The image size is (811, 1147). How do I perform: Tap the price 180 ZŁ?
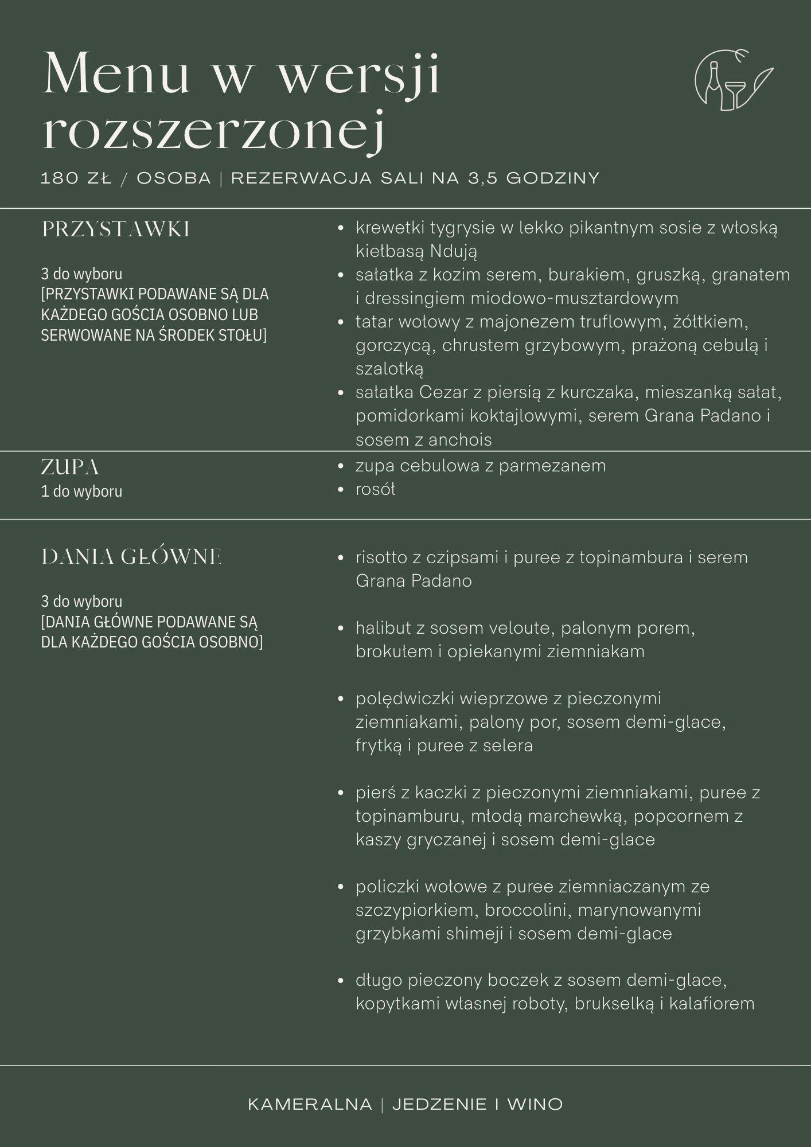tap(76, 178)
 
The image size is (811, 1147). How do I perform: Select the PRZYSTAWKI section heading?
tap(115, 229)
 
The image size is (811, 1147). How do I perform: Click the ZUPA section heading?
tap(70, 467)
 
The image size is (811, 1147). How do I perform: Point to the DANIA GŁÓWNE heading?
tap(131, 557)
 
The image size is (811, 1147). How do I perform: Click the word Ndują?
tap(453, 251)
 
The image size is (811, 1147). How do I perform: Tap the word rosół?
tap(375, 489)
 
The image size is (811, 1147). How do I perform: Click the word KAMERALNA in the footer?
tap(310, 1104)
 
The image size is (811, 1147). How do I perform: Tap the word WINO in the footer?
tap(535, 1104)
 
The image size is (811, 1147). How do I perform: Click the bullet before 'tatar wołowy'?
tap(341, 322)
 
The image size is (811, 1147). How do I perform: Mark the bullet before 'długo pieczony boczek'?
tap(341, 981)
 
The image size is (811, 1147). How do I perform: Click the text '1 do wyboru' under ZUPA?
tap(81, 491)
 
